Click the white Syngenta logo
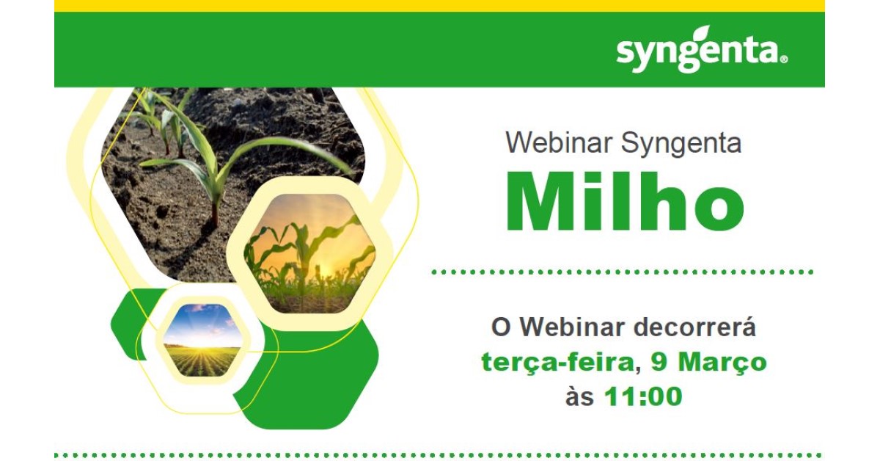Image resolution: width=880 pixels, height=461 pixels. click(x=702, y=50)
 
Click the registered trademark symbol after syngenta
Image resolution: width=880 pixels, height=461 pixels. click(x=783, y=59)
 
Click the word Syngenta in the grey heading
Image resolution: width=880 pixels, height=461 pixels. click(x=681, y=145)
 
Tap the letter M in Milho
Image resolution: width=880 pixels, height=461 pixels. click(x=540, y=203)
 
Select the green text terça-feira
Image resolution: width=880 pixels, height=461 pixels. click(x=557, y=363)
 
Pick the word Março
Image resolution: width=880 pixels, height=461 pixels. click(x=722, y=363)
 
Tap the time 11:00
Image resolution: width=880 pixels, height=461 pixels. click(x=644, y=396)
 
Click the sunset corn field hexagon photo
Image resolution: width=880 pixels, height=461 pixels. click(x=309, y=254)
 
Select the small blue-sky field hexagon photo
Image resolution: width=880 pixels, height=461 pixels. click(x=202, y=340)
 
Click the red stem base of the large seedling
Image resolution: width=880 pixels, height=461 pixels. click(x=215, y=218)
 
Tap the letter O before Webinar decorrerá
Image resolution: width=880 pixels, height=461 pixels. click(x=500, y=327)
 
